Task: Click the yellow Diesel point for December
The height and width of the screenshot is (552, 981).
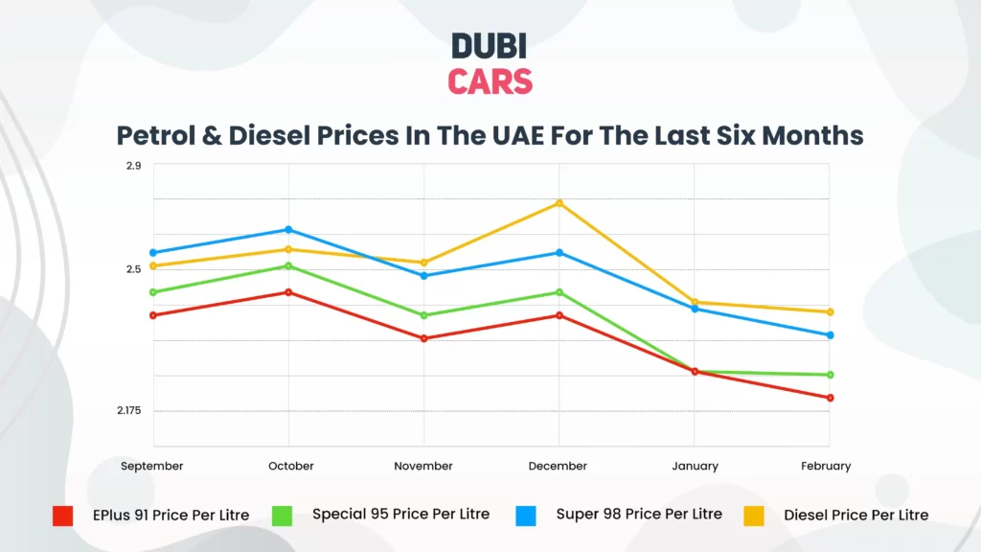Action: tap(559, 203)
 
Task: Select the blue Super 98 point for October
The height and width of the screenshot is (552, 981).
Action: tap(289, 230)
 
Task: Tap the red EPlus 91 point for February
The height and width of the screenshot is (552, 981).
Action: tap(830, 398)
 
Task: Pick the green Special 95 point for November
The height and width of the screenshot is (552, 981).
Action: tap(424, 315)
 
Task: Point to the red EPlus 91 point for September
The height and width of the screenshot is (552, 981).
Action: tap(153, 315)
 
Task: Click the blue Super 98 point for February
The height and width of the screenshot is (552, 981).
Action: tap(830, 335)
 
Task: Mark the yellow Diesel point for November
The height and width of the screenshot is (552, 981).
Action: tap(424, 263)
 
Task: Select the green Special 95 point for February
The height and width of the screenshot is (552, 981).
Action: tap(830, 375)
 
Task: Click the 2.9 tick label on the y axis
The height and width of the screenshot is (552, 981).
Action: tap(133, 166)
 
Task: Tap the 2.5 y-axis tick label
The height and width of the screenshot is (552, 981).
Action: tap(133, 269)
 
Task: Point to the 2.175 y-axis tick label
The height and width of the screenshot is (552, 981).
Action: tap(129, 411)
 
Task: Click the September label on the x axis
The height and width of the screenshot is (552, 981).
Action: tap(152, 466)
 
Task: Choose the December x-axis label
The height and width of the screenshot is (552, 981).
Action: tap(558, 466)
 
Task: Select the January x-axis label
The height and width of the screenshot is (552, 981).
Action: tap(695, 466)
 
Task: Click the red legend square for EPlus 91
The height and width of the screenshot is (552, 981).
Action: tap(62, 516)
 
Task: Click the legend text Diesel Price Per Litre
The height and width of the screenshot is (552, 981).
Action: tap(856, 515)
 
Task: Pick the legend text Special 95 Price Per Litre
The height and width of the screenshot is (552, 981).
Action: tap(400, 514)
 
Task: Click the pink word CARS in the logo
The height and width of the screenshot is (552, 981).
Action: tap(490, 81)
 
